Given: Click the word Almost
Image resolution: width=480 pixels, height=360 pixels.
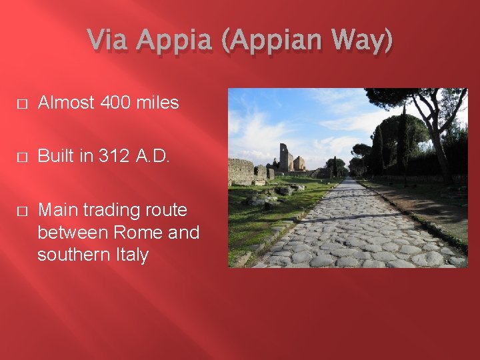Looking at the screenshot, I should [x=65, y=103].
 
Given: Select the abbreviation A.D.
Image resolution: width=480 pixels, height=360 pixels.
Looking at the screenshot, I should [x=153, y=157].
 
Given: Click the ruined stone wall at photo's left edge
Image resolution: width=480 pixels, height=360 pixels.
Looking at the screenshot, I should [x=239, y=171].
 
